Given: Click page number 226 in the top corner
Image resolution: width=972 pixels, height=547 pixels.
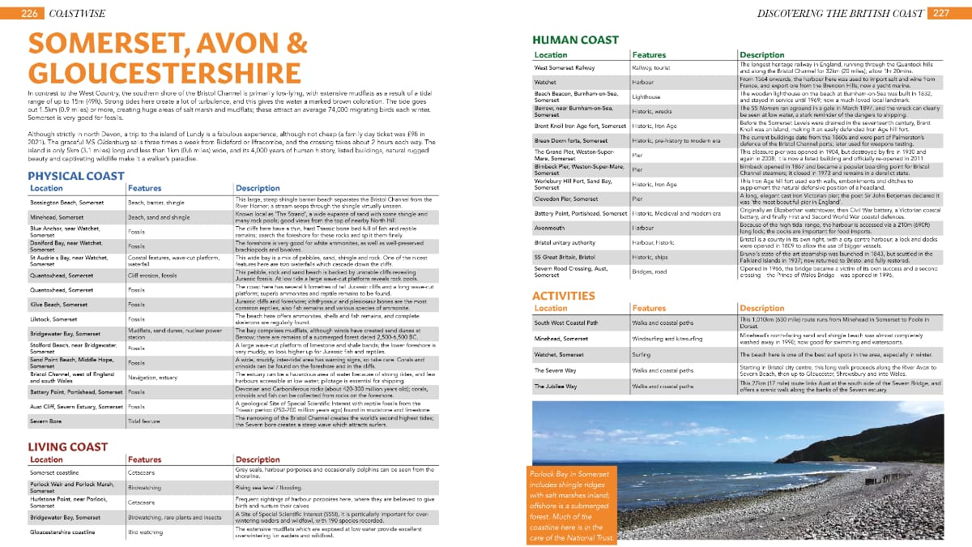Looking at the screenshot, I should (30, 14).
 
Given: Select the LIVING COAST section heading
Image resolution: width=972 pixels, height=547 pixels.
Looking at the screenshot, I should (68, 447).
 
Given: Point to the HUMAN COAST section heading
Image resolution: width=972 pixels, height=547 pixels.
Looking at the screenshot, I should (575, 40).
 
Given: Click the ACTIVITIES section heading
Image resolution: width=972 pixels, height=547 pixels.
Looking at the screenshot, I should (563, 296).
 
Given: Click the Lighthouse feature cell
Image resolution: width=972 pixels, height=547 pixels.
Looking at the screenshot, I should (647, 96).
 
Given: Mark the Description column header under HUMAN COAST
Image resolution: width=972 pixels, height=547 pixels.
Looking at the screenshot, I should (762, 55).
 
